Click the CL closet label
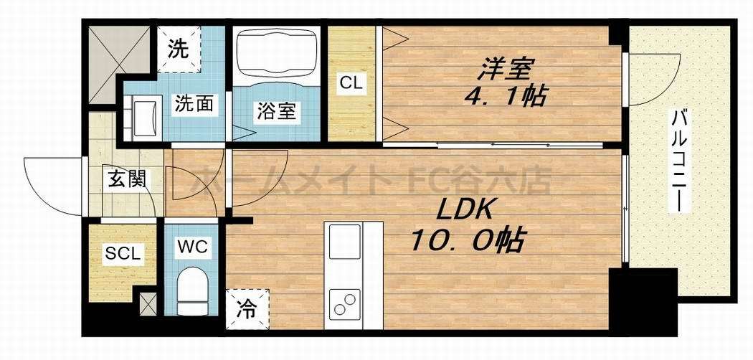351,82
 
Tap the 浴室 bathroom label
276,111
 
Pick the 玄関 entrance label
127,179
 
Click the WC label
193,248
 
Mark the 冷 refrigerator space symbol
247,310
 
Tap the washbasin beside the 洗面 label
147,114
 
